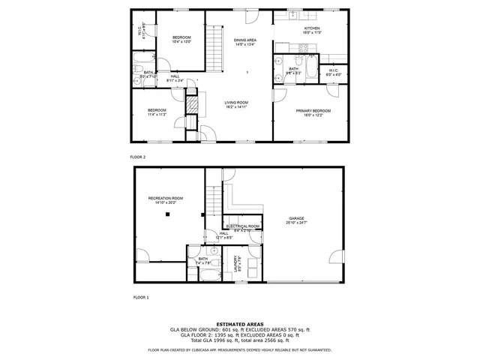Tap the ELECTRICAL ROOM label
(243, 226)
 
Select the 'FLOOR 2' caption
(138, 157)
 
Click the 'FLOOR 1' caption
(141, 298)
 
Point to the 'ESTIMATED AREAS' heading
(240, 324)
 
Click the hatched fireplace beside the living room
(192, 104)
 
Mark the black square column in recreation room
(168, 214)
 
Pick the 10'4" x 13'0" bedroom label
(182, 40)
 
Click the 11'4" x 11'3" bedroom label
(157, 112)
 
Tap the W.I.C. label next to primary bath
(333, 72)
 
